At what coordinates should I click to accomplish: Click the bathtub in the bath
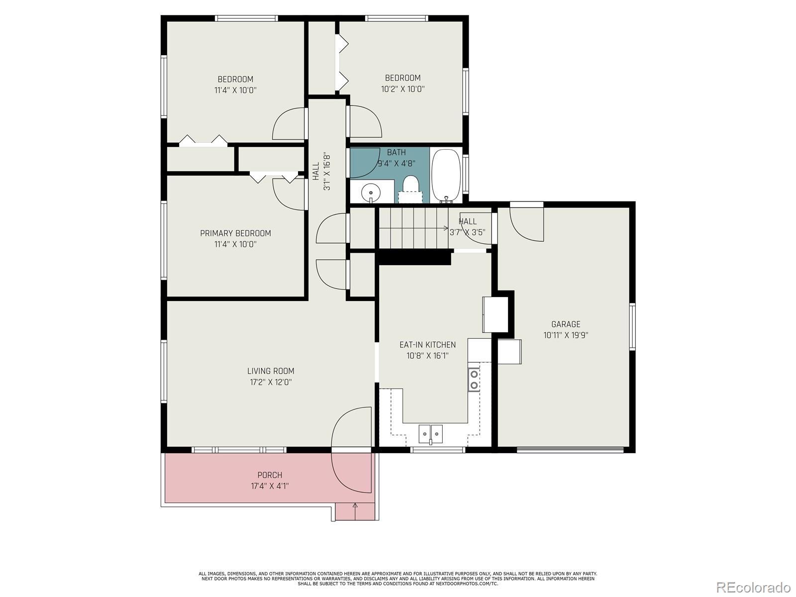click(446, 176)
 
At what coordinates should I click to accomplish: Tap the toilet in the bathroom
click(410, 189)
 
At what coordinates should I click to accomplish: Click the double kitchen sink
click(430, 434)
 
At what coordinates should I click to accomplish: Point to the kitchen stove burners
click(474, 379)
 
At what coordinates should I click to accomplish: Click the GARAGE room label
click(566, 324)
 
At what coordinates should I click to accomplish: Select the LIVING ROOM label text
click(271, 371)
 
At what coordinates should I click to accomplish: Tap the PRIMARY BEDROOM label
click(235, 233)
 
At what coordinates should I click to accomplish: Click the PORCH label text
click(270, 475)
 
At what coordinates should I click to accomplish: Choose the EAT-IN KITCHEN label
click(427, 345)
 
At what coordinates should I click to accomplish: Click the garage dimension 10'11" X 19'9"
click(566, 335)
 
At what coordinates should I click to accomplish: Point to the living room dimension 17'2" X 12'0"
click(271, 382)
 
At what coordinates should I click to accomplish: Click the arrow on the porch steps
click(355, 511)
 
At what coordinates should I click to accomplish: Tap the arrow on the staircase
click(414, 228)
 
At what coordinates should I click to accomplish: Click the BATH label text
click(396, 152)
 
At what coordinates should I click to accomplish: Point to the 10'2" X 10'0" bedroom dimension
click(402, 89)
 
